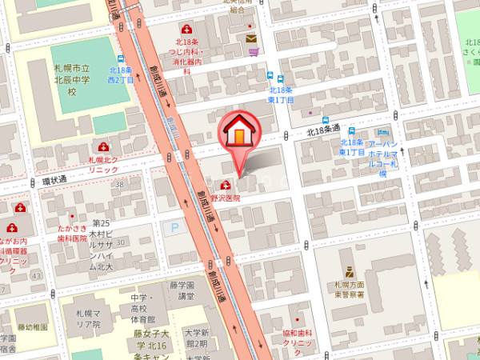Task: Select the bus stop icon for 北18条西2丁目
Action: click(120, 58)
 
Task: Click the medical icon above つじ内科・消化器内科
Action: click(186, 30)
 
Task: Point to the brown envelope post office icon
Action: click(251, 38)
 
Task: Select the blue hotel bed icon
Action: click(383, 132)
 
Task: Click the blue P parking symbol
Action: click(174, 228)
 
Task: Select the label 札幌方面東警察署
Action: click(350, 290)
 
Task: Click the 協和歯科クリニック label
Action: click(297, 338)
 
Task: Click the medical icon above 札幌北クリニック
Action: click(103, 147)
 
